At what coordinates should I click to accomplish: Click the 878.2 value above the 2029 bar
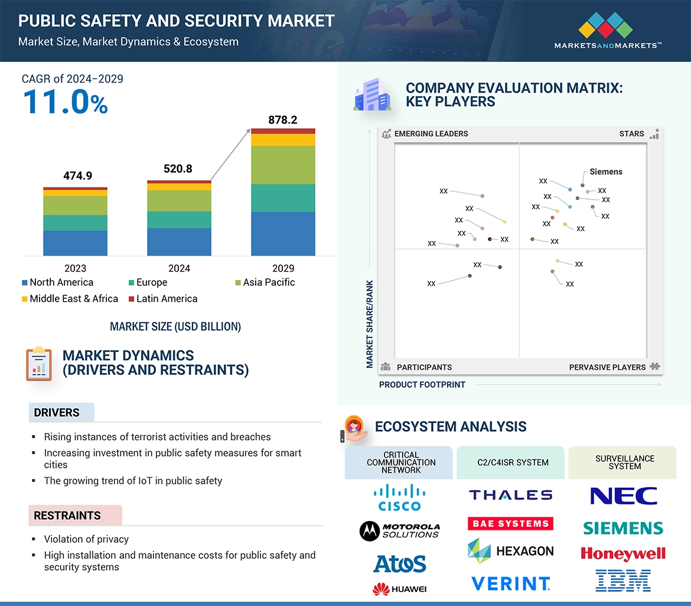point(282,120)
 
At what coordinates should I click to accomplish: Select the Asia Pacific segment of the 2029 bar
point(283,165)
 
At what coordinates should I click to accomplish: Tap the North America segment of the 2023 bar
point(75,243)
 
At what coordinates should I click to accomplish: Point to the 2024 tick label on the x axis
point(179,268)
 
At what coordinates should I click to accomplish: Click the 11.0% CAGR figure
point(65,102)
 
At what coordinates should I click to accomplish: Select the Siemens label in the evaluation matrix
point(606,172)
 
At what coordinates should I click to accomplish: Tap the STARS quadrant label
point(631,133)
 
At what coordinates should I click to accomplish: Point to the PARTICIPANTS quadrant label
point(424,367)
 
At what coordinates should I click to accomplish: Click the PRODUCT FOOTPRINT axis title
point(422,385)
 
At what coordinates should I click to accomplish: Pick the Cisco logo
point(400,497)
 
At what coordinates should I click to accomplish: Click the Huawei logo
point(400,589)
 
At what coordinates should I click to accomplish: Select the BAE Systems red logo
point(510,523)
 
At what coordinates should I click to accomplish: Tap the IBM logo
point(623,581)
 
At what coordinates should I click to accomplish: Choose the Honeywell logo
point(623,553)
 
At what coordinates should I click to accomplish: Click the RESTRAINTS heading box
point(75,516)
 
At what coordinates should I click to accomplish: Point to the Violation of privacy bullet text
point(86,539)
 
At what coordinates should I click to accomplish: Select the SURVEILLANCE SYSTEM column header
point(624,462)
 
